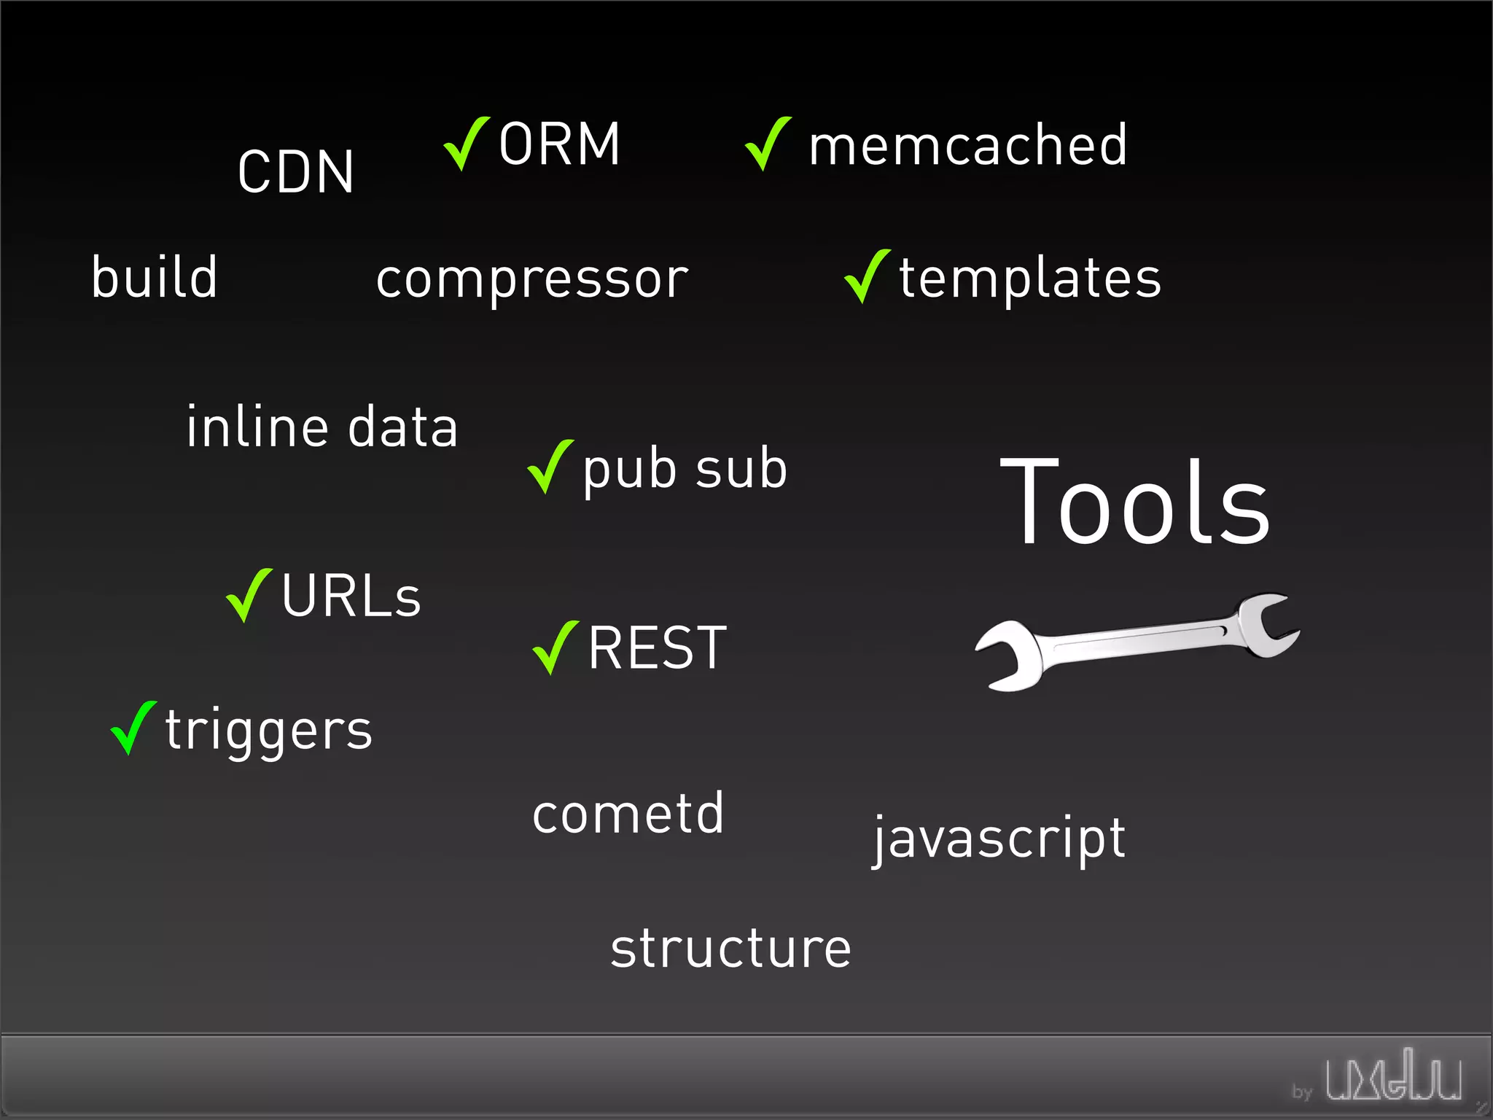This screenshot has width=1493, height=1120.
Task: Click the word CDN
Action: pos(295,172)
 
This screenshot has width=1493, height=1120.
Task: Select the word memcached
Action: pos(967,145)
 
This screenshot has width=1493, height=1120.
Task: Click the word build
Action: pos(155,277)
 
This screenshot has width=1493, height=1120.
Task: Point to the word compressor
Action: pos(532,280)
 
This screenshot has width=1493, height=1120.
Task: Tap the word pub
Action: pos(629,470)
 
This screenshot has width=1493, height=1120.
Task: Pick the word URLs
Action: pos(351,596)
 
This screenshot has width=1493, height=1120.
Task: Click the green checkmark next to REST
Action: pos(555,647)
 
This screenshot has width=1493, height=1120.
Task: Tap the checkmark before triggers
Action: pos(133,727)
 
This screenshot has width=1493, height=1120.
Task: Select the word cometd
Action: pos(628,813)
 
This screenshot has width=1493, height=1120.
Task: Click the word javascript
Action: pos(999,839)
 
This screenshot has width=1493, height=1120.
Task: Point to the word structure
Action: pos(730,949)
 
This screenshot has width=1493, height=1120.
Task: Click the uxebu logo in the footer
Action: pos(1392,1076)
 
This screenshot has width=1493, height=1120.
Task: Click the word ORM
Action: pos(559,144)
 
